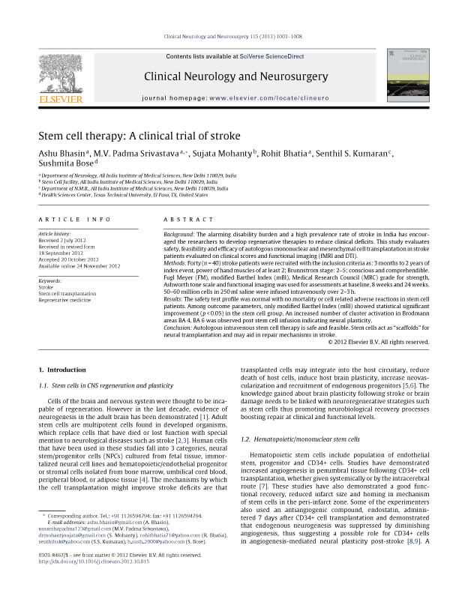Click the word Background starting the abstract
tap(178, 234)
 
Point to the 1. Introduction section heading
tap(61, 370)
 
